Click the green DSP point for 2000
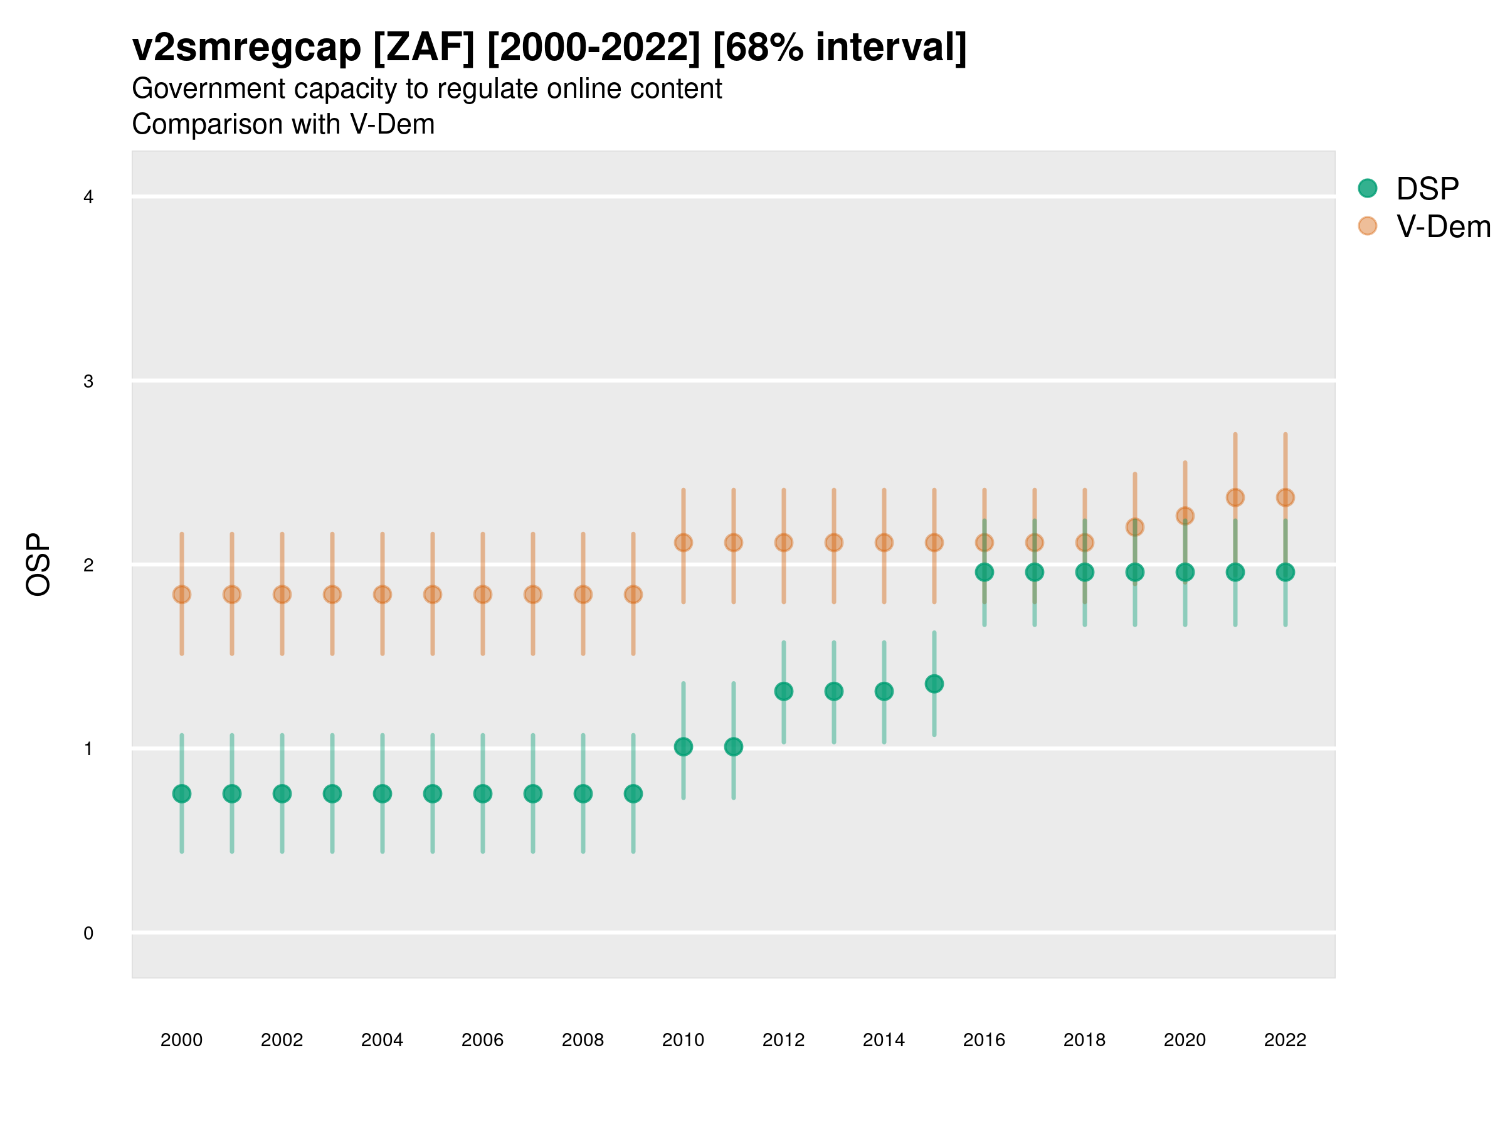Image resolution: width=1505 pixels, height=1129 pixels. pyautogui.click(x=182, y=793)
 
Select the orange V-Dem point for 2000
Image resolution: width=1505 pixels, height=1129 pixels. pyautogui.click(x=182, y=594)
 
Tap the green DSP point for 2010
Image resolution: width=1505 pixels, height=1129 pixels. pyautogui.click(x=683, y=746)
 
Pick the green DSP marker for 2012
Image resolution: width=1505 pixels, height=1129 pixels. pyautogui.click(x=784, y=691)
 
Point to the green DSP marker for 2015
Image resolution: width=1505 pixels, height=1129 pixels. pyautogui.click(x=934, y=683)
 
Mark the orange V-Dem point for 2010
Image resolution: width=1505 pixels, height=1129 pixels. pyautogui.click(x=683, y=543)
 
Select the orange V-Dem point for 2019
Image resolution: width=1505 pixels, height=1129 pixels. pyautogui.click(x=1135, y=527)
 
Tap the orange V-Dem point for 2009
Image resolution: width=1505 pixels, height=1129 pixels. pyautogui.click(x=633, y=594)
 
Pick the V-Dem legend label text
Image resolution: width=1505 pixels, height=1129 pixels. pyautogui.click(x=1443, y=226)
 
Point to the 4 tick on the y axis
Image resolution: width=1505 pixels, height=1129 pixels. pyautogui.click(x=88, y=198)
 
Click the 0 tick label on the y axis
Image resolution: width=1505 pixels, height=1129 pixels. pyautogui.click(x=88, y=933)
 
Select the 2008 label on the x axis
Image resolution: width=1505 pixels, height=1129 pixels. pyautogui.click(x=583, y=1040)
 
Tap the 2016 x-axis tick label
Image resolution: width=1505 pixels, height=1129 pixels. pyautogui.click(x=984, y=1040)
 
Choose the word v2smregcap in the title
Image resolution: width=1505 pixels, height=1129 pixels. pyautogui.click(x=246, y=48)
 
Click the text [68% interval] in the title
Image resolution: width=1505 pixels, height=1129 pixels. pyautogui.click(x=840, y=48)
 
